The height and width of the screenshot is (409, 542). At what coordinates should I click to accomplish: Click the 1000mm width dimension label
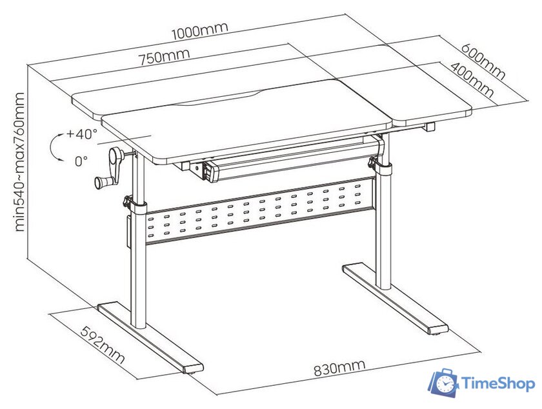click(x=200, y=30)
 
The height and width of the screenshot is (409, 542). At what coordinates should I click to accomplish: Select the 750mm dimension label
click(x=165, y=57)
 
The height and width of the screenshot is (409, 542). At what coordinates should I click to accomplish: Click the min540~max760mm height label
click(x=20, y=162)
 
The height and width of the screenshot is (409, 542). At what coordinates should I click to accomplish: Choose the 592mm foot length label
click(x=103, y=344)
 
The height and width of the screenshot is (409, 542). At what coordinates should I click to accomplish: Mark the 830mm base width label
click(x=339, y=368)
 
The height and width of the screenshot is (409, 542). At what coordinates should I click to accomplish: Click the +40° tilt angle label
click(x=82, y=134)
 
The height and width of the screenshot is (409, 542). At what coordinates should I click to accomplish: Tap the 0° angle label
click(x=81, y=161)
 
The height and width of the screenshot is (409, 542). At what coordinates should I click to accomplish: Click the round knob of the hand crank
click(x=101, y=182)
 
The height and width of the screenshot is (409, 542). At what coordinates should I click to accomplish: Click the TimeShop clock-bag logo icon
click(x=443, y=383)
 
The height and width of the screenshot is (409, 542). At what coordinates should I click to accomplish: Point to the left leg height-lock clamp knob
click(x=128, y=201)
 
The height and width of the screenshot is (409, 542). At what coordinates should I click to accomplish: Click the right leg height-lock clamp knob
click(x=373, y=162)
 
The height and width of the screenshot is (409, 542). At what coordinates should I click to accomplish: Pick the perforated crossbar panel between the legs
click(x=261, y=210)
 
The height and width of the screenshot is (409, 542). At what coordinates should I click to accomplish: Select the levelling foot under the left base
click(x=190, y=372)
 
